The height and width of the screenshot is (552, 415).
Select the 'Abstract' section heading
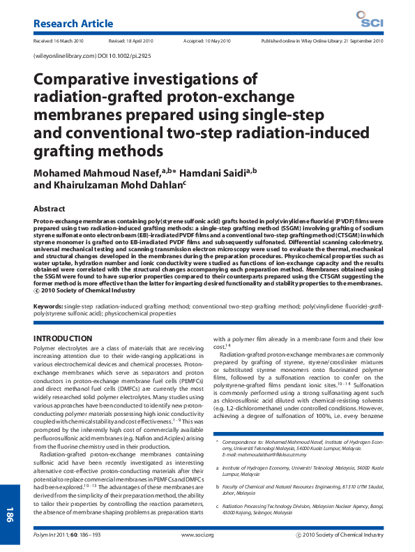[52, 208]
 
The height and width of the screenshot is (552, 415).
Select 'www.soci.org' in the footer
[197, 535]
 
